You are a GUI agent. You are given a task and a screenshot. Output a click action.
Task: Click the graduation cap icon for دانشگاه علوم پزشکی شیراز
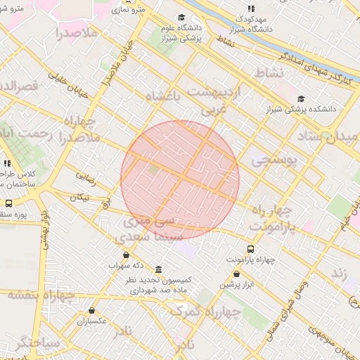point(181,18)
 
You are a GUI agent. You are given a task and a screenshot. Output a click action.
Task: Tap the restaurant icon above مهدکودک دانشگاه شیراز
point(251,8)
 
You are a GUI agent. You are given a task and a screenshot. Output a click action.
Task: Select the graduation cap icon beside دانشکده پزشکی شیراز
point(302,98)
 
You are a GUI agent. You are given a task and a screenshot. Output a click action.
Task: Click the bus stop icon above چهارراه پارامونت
point(251,249)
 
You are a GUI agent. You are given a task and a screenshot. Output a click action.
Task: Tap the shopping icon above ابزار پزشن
point(236,274)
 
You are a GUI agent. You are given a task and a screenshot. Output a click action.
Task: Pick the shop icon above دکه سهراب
point(126,255)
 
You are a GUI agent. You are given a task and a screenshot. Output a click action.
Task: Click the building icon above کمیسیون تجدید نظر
point(158,270)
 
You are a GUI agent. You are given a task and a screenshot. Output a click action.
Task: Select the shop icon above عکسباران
point(91,310)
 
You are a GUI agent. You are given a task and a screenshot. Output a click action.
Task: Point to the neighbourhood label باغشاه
point(162,96)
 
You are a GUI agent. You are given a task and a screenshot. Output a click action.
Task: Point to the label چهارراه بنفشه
point(42,295)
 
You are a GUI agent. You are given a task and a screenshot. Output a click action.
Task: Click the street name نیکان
point(79,198)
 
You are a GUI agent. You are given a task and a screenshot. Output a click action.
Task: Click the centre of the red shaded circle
point(180,179)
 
